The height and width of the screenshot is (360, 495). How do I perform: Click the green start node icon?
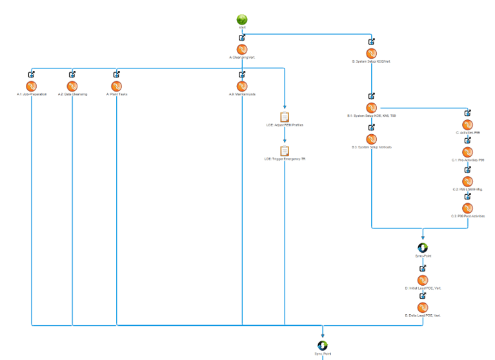click(x=242, y=20)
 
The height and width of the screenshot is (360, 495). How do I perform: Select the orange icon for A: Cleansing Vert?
click(x=242, y=49)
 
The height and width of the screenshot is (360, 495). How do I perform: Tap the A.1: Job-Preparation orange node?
click(x=31, y=86)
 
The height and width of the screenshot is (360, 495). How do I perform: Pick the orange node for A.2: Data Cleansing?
click(x=72, y=86)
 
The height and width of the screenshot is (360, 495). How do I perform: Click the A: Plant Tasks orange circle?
click(x=117, y=86)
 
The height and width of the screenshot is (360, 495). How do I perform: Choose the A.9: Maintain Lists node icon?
click(x=242, y=86)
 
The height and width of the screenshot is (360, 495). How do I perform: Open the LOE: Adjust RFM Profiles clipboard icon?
click(x=285, y=117)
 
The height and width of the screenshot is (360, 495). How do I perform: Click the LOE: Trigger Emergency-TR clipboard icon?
click(x=285, y=150)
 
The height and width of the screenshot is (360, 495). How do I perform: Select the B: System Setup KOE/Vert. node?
click(x=371, y=54)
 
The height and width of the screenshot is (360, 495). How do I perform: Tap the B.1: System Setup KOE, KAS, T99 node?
click(x=371, y=108)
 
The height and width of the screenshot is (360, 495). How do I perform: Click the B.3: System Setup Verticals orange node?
click(x=371, y=139)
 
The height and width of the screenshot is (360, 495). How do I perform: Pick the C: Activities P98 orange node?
click(x=467, y=125)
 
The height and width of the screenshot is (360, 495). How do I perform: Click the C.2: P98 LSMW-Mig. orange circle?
click(x=467, y=181)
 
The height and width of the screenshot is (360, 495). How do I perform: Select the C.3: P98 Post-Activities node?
click(x=467, y=208)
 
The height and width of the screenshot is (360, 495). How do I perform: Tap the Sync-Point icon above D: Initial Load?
click(x=423, y=247)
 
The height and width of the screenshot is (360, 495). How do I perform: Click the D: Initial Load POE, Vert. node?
click(x=423, y=280)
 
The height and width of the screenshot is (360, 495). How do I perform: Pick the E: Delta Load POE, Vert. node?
click(x=423, y=308)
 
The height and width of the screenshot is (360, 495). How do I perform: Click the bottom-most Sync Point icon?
click(x=323, y=346)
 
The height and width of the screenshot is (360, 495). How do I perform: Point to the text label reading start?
click(x=242, y=28)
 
